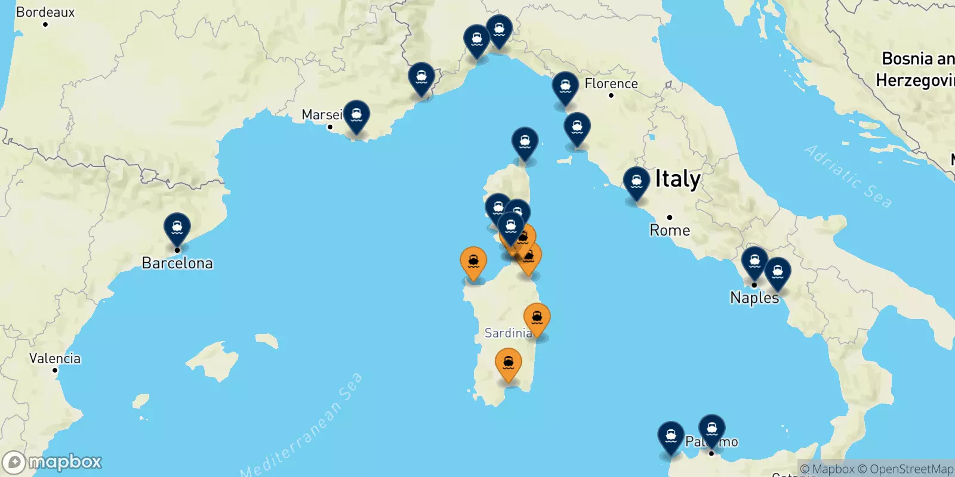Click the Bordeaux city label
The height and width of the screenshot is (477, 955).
coord(45,12)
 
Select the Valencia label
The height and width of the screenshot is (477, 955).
coord(55,358)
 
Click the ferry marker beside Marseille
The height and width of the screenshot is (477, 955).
coord(356,115)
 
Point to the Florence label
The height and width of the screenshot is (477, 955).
coord(611,83)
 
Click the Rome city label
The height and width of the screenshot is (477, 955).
coord(670,230)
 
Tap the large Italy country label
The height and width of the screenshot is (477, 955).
coord(677,179)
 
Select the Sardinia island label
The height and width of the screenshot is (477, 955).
coord(508,333)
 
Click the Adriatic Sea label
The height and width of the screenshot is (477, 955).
coord(848,176)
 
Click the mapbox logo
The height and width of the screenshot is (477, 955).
coord(53,462)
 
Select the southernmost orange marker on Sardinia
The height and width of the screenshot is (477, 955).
coord(509,363)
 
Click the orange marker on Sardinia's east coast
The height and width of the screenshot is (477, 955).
coord(537,318)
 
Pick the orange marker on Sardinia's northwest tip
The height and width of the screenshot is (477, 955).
coord(473,262)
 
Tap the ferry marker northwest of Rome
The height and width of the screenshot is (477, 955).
coord(636,182)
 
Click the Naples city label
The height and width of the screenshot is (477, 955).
coord(754,298)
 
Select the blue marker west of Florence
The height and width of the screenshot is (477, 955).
coord(565,87)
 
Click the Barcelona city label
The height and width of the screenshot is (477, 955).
coord(177,263)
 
